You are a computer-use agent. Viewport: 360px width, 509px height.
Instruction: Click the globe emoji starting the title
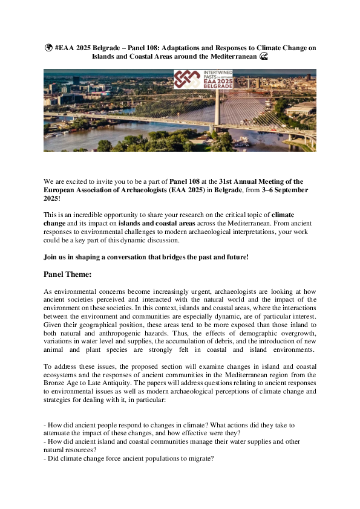point(47,48)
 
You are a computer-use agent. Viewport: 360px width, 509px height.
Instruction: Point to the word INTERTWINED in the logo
point(212,73)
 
